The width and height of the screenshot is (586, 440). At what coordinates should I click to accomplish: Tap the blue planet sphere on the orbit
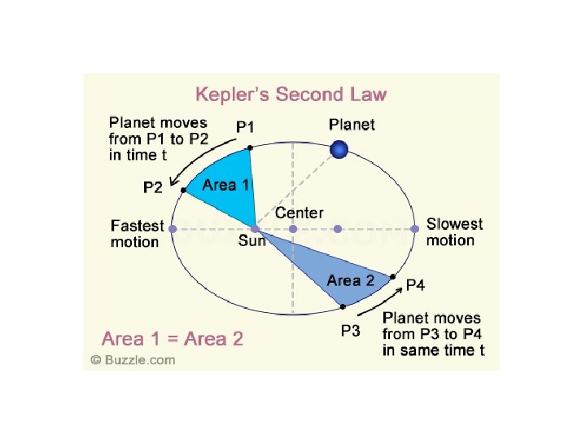[339, 149]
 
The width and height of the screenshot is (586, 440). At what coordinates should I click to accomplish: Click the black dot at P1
[250, 147]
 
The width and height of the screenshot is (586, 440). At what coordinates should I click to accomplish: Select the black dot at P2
[184, 191]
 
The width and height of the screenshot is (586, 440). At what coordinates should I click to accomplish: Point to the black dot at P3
[343, 306]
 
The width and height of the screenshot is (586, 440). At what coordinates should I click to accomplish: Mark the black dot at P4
[393, 277]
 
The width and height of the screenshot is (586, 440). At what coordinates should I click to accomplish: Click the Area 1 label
[226, 185]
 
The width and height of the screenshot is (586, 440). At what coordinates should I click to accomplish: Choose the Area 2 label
[350, 281]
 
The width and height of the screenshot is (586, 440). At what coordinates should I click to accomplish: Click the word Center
[299, 213]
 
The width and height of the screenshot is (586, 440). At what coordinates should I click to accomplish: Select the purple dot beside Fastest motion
[173, 230]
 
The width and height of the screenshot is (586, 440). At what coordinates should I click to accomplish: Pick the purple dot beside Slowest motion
[414, 230]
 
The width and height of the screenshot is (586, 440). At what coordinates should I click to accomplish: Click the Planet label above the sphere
[352, 125]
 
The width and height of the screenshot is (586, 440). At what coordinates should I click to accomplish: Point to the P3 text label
[350, 332]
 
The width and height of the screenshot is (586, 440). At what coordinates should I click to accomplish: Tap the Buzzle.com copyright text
[133, 359]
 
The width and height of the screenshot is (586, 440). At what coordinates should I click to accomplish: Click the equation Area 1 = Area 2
[172, 338]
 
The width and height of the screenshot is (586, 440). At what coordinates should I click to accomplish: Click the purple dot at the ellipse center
[293, 230]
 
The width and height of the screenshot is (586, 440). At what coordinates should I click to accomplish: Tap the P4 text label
[415, 284]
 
